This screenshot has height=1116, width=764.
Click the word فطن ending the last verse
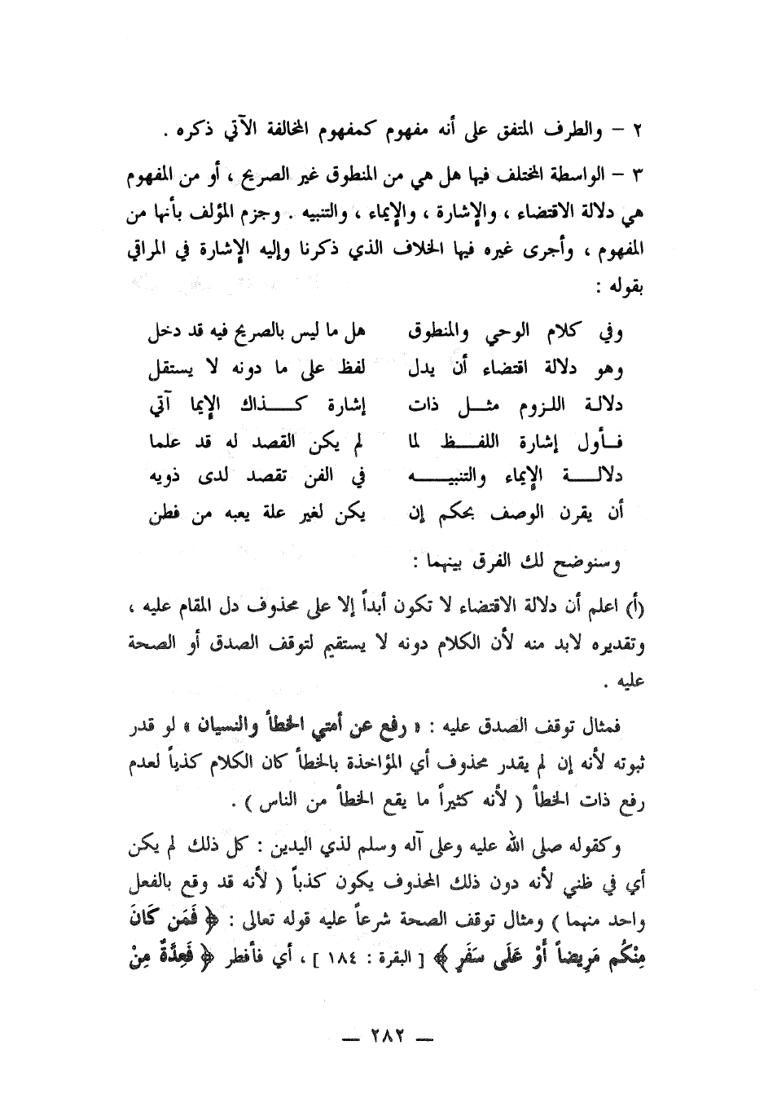161,514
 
